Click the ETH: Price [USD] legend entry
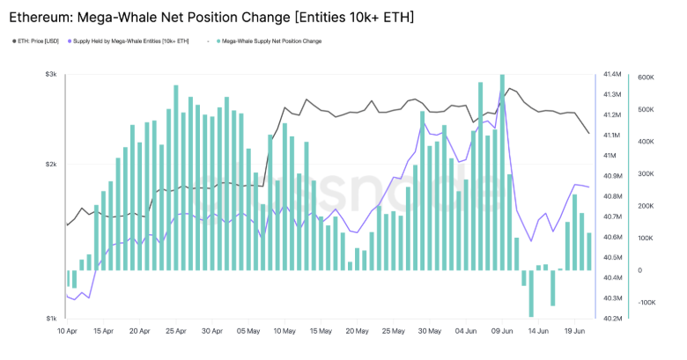(37, 41)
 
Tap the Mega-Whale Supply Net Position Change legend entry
(271, 41)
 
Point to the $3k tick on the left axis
(51, 75)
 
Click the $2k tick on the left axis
(51, 165)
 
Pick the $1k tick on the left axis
(51, 318)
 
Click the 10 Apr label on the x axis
(67, 332)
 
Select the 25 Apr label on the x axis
(175, 332)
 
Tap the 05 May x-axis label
(248, 332)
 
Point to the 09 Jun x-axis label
(502, 332)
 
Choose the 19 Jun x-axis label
(574, 332)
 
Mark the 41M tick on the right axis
(609, 156)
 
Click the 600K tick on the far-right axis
(645, 78)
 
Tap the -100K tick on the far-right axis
(646, 303)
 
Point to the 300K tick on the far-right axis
(645, 174)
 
